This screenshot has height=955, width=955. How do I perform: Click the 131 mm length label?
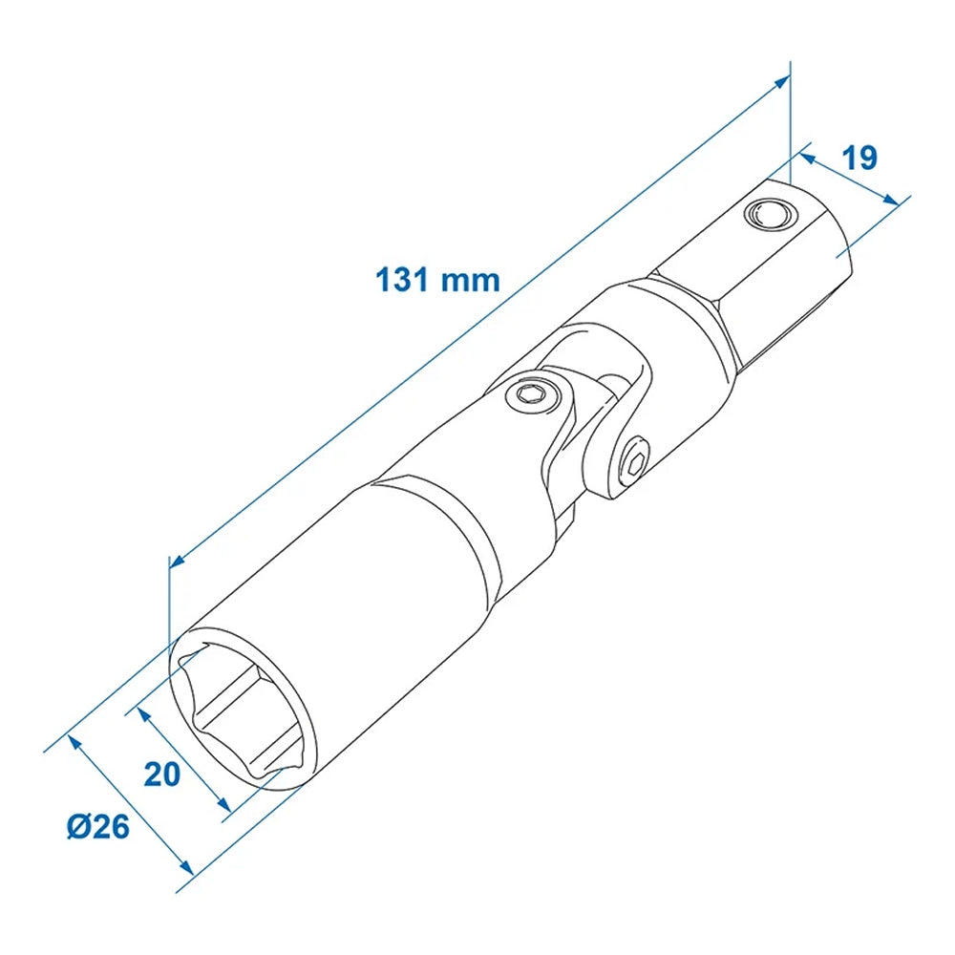pos(437,280)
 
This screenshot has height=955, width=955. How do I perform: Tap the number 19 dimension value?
pos(859,158)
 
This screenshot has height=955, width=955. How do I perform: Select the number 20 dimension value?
pos(162,774)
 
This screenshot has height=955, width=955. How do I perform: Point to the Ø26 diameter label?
pos(97,826)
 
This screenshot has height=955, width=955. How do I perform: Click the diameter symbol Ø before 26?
pos(79,826)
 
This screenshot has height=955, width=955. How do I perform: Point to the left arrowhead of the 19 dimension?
pos(804,153)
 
